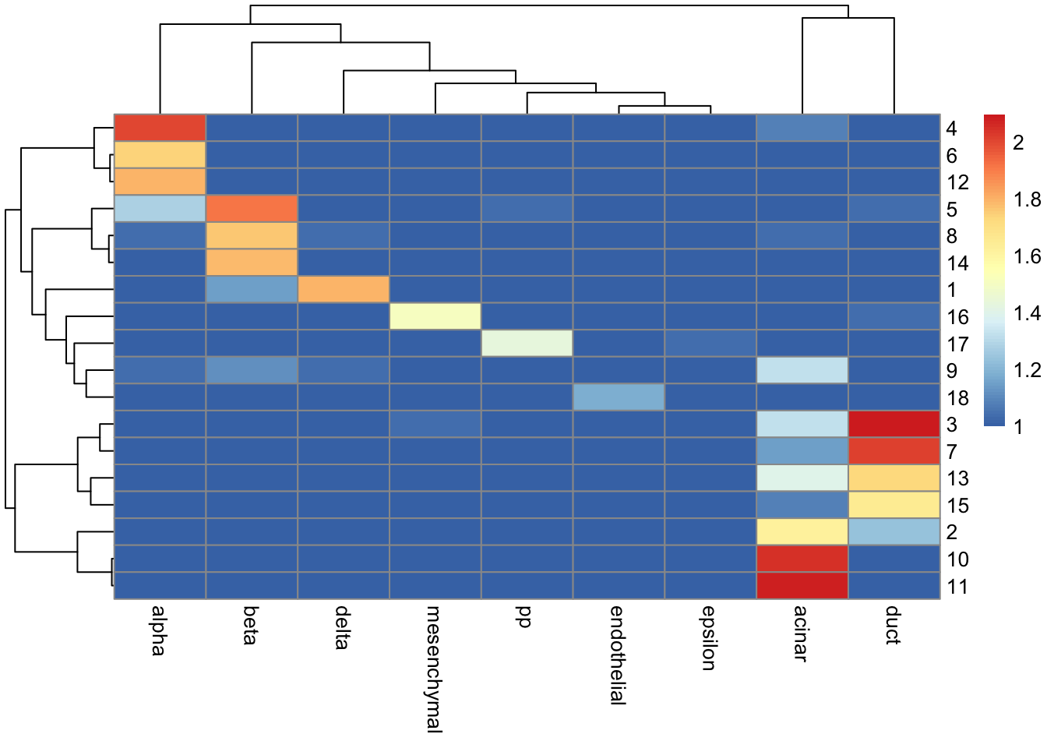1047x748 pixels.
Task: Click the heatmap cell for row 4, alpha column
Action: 160,128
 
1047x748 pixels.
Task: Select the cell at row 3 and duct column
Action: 894,424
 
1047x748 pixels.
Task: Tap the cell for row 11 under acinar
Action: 802,585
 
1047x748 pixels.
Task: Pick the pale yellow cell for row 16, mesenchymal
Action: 435,316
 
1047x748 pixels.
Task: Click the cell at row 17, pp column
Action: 527,343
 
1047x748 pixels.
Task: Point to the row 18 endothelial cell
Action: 619,397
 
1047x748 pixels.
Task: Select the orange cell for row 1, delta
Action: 344,289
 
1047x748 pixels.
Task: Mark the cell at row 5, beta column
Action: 252,208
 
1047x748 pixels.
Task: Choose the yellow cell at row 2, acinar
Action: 802,531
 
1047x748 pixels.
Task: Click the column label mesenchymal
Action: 434,669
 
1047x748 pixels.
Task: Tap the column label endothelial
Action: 617,654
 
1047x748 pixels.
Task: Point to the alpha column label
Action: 158,630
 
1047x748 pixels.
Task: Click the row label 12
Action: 957,182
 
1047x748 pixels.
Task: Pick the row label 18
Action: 957,398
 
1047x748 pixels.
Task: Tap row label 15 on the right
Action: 957,506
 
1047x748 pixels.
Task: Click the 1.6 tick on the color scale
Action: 1027,256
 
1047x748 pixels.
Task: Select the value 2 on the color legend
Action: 1018,143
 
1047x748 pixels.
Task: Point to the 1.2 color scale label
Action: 1027,370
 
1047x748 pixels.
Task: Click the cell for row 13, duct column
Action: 894,478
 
